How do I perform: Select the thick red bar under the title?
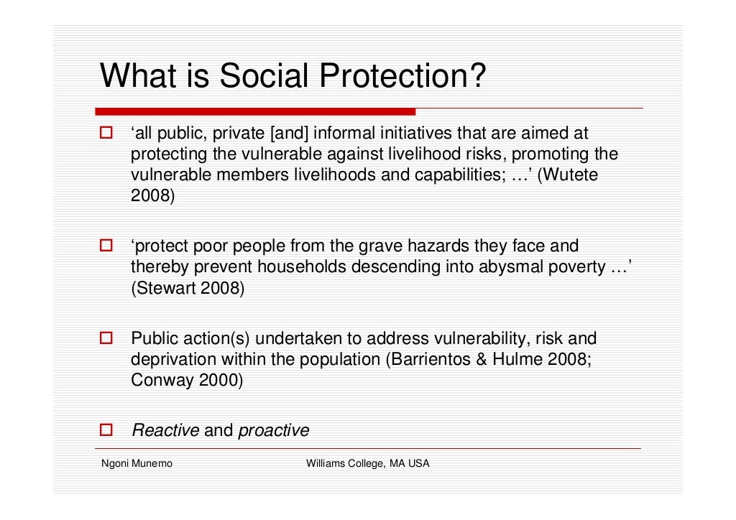[255, 111]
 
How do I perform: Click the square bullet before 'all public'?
[106, 134]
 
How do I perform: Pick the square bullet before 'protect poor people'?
[106, 246]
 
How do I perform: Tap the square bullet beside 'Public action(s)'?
[106, 338]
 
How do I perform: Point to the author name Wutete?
[571, 175]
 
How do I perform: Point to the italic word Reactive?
[165, 431]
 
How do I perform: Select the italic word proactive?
[273, 431]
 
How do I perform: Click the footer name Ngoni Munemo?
[137, 464]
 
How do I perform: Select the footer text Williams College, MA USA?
[367, 464]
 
